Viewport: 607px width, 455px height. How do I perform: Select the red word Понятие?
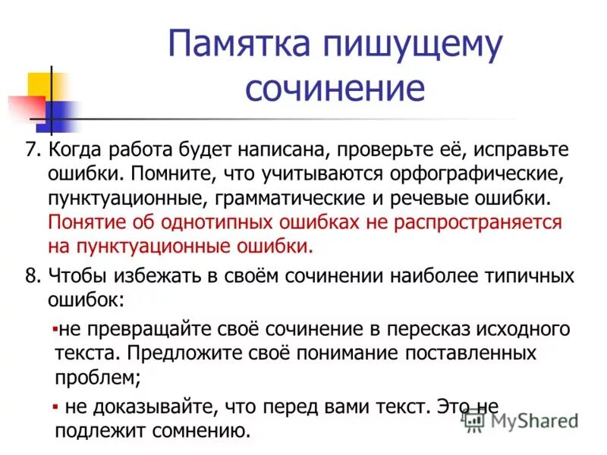pos(89,223)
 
